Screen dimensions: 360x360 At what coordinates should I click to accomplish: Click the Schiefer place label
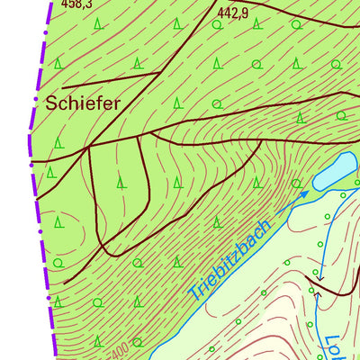click(x=82, y=103)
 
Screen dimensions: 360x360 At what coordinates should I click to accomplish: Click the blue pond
click(x=334, y=171)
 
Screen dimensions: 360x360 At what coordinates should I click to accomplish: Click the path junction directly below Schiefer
click(x=92, y=144)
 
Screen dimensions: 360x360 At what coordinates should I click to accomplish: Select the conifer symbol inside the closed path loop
click(x=121, y=184)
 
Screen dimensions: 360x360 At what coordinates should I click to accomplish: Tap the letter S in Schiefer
click(x=51, y=103)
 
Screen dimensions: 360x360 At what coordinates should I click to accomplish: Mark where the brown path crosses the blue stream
click(x=316, y=290)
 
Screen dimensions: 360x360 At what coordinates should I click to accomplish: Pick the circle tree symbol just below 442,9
click(x=257, y=63)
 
